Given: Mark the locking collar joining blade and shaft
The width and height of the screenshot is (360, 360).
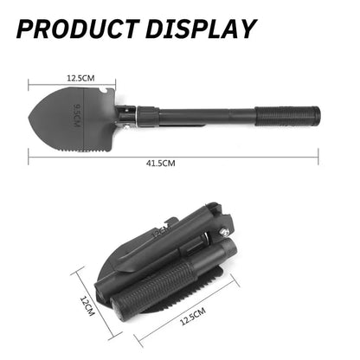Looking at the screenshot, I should [144, 113].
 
